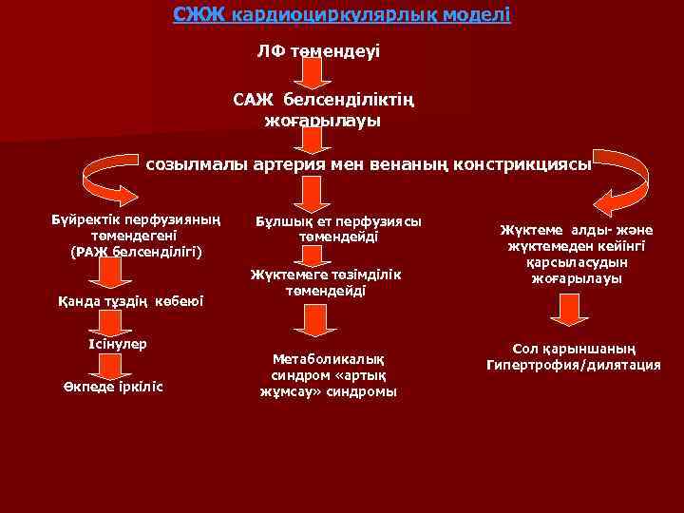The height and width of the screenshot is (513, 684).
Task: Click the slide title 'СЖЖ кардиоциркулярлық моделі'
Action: pos(342,15)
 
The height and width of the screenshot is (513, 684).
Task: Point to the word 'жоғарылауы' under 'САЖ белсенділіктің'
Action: pos(322,121)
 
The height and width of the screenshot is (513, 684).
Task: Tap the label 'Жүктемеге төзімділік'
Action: pos(327,275)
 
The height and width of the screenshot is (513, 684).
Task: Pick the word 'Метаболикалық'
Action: pos(329,358)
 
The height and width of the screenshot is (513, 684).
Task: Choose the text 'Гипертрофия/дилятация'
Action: pos(574,366)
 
